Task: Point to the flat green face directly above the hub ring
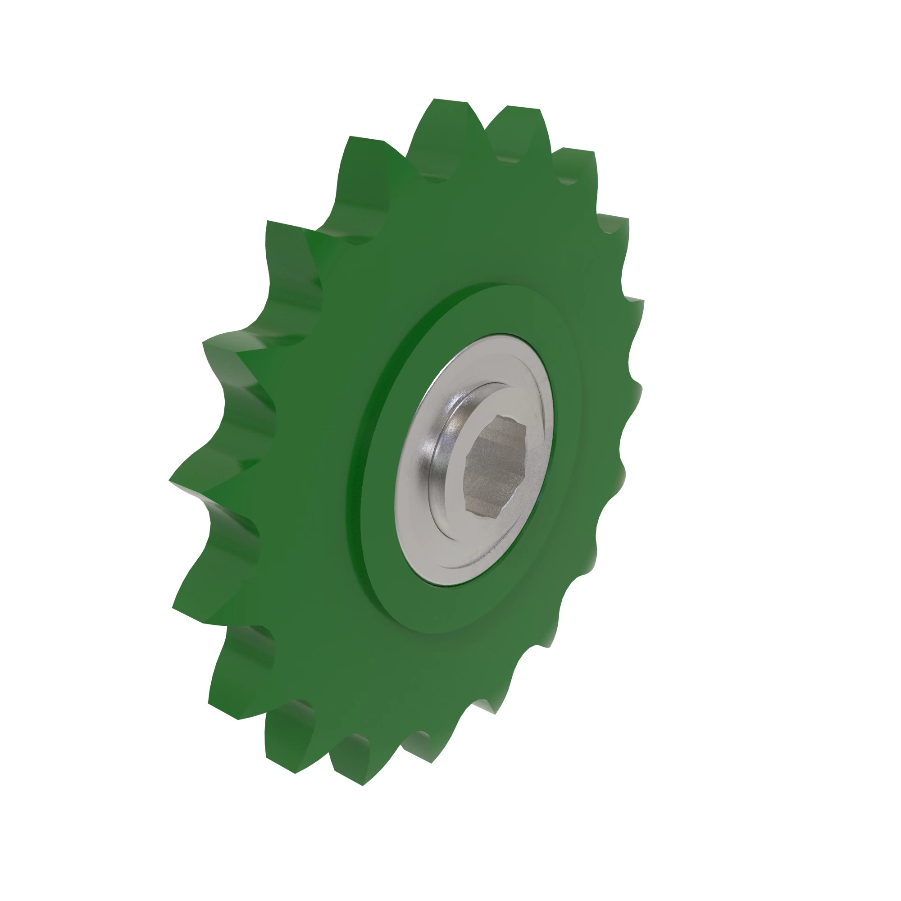(x=466, y=233)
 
